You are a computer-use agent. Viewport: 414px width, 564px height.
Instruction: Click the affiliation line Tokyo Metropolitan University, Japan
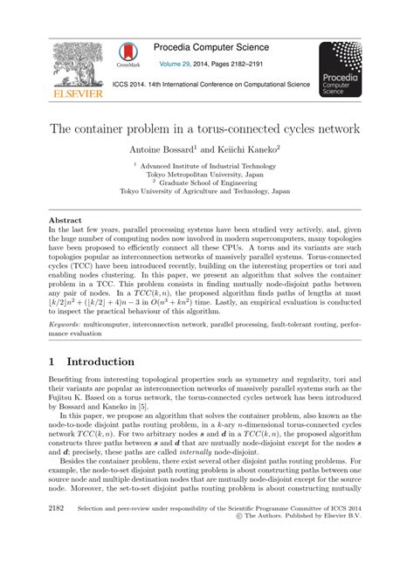tap(206, 174)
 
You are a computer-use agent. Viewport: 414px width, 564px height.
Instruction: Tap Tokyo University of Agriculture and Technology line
tap(206, 190)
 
